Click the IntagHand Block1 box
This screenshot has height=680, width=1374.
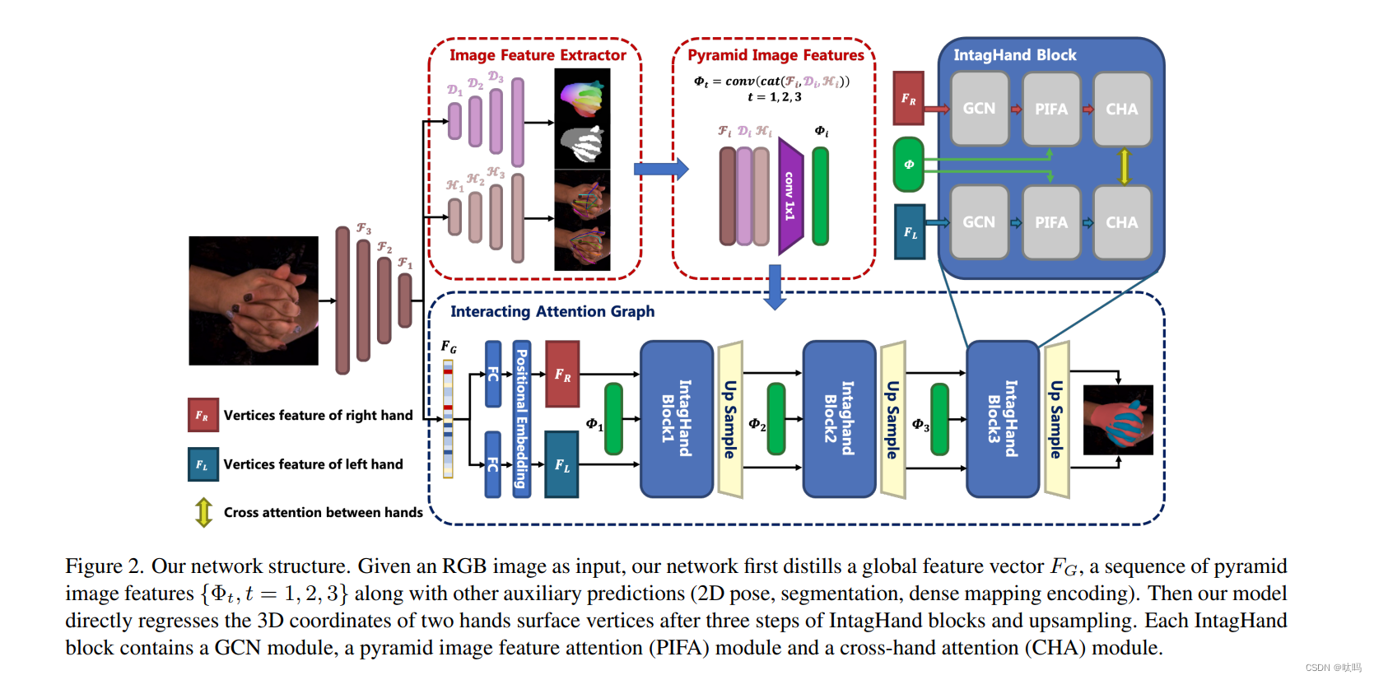[x=676, y=418]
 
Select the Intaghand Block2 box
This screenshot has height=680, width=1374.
[x=838, y=418]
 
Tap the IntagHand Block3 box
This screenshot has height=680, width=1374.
[x=1002, y=418]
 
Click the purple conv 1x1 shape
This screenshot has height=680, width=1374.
[x=790, y=196]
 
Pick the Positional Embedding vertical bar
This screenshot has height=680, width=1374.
[x=521, y=418]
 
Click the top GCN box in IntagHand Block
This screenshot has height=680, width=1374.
[x=979, y=109]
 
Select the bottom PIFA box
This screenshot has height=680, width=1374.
[x=1050, y=222]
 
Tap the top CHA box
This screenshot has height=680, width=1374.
[x=1121, y=109]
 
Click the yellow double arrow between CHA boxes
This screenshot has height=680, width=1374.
[x=1124, y=165]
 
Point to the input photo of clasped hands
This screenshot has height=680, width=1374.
[x=254, y=300]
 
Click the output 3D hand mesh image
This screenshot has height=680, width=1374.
[x=1118, y=419]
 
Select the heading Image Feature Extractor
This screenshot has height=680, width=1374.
[x=538, y=55]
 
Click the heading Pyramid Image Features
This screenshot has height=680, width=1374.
[x=775, y=55]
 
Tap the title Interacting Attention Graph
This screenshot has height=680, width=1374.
[x=552, y=311]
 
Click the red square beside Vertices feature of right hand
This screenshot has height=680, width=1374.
[x=203, y=416]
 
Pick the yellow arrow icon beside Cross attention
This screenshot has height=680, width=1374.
[x=203, y=512]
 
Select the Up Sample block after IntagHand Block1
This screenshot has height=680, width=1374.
[x=730, y=418]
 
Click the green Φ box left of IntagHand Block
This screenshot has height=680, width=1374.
[x=909, y=164]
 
